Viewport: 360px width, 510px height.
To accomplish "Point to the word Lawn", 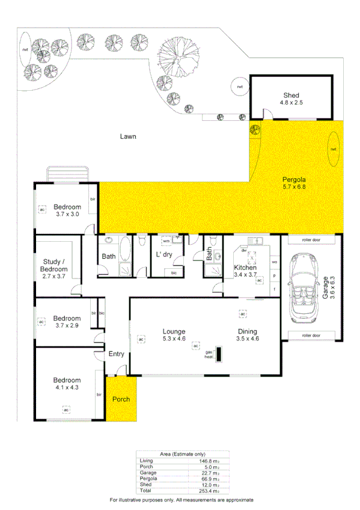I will click(127, 137).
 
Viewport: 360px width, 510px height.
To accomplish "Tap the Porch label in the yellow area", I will click(120, 399).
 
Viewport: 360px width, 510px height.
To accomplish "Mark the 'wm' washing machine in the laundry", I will click(166, 241).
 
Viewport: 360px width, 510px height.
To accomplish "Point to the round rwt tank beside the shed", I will click(240, 87).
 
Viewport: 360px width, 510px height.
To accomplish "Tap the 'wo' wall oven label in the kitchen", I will click(274, 262).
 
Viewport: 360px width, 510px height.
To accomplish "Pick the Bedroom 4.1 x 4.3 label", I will click(66, 384).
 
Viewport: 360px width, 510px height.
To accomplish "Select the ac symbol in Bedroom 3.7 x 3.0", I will click(42, 209).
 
